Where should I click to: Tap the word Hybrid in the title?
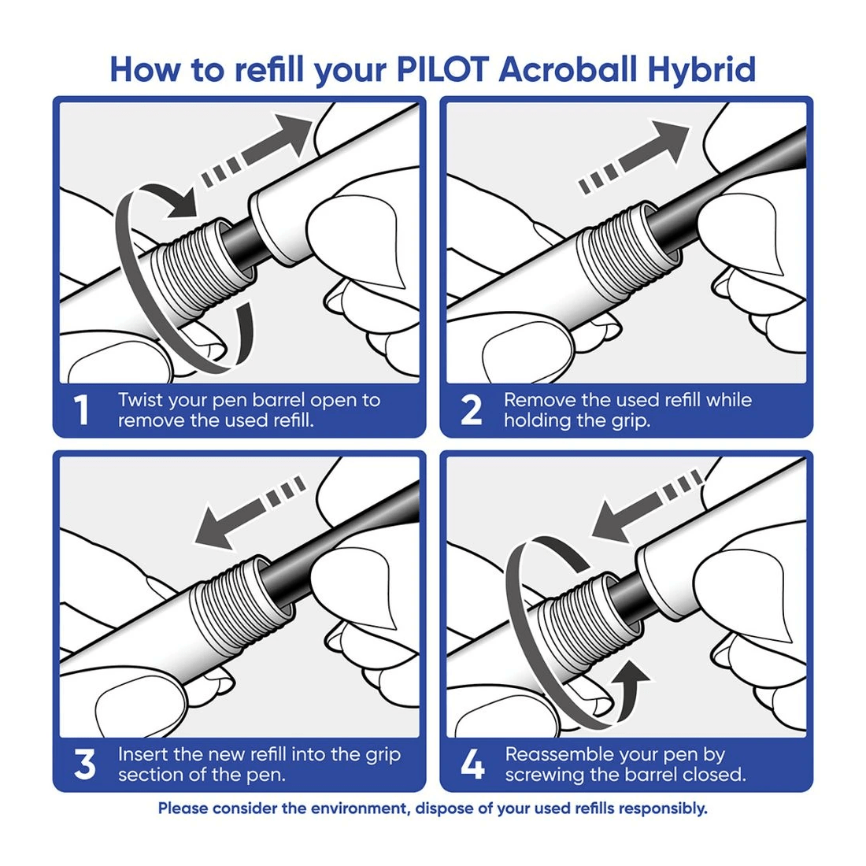[701, 70]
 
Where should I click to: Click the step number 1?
[81, 410]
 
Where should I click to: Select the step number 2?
[471, 410]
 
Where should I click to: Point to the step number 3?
[84, 764]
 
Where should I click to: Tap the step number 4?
[473, 764]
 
